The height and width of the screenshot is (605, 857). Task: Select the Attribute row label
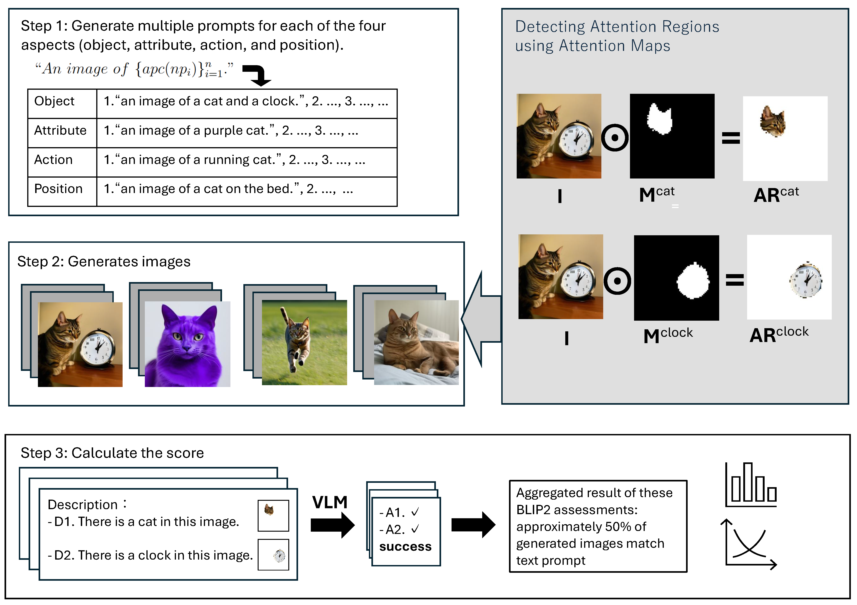click(x=60, y=130)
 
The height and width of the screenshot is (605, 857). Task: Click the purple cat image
click(x=187, y=344)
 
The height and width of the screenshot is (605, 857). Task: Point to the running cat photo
click(x=304, y=342)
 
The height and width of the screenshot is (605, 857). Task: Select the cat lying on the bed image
click(x=416, y=342)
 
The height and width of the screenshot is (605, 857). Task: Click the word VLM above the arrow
click(x=330, y=502)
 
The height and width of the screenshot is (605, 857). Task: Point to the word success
click(x=405, y=546)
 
